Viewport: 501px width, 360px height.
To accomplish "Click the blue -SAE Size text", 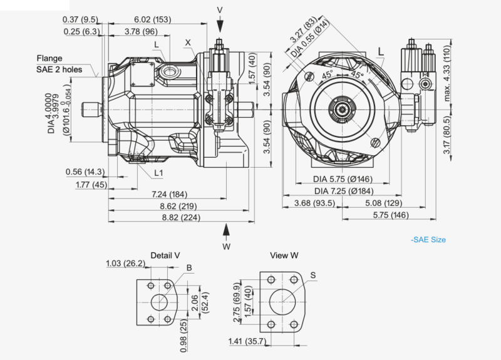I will point(428,239).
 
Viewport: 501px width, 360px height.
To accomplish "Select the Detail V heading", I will point(165,255).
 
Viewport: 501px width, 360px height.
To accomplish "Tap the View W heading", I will point(284,255).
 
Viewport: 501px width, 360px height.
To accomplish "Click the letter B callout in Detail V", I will point(189,267).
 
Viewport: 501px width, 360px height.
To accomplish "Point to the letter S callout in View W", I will point(312,274).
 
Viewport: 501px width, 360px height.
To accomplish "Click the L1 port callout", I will point(159,172).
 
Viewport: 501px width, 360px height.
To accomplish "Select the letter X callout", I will point(187,43).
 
